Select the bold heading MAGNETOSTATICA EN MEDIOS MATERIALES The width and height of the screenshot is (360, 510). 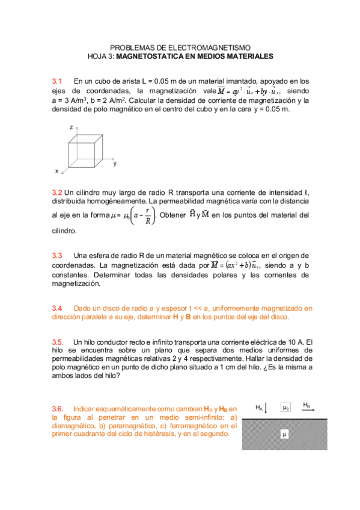point(194,57)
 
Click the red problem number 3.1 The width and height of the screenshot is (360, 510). point(58,81)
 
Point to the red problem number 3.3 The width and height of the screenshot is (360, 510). point(58,256)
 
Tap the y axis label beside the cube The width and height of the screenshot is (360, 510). point(115,163)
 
